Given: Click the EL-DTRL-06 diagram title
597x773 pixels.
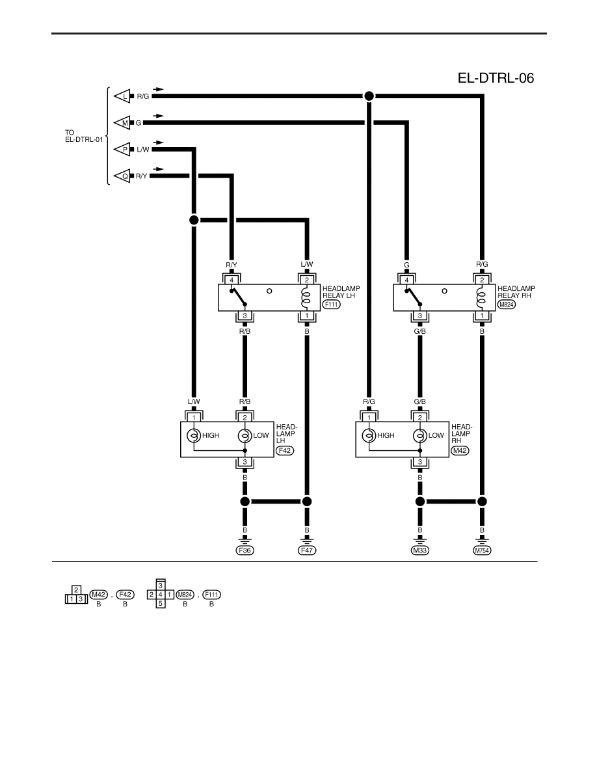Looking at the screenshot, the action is click(x=496, y=78).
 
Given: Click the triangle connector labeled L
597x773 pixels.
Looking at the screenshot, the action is click(x=122, y=96).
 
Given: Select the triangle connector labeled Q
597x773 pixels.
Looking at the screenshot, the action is click(x=122, y=176).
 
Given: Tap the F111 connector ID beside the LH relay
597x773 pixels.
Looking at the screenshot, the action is click(x=332, y=305).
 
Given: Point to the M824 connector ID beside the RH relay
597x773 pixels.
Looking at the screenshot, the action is click(x=507, y=305).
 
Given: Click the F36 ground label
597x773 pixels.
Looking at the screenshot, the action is click(x=245, y=550).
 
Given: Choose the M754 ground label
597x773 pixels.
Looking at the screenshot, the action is click(x=483, y=550).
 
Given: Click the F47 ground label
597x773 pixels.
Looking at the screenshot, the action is click(x=307, y=550).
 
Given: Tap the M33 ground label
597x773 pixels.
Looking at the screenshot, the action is click(x=420, y=550).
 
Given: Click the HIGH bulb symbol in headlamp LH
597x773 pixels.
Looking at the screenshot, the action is click(x=194, y=436).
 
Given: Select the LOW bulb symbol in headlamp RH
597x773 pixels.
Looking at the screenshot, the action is click(x=420, y=436).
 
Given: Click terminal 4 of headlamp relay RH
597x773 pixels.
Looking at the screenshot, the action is click(x=406, y=280).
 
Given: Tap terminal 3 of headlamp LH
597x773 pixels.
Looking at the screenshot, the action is click(x=245, y=462).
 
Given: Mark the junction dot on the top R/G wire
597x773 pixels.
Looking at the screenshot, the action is click(x=369, y=96).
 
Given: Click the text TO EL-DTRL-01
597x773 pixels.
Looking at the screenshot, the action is click(x=85, y=136).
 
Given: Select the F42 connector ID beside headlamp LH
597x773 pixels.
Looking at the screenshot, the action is click(x=285, y=450).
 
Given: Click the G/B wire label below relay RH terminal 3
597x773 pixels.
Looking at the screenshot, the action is click(x=420, y=331).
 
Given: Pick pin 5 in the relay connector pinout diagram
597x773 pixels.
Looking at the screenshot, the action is click(x=161, y=603).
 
